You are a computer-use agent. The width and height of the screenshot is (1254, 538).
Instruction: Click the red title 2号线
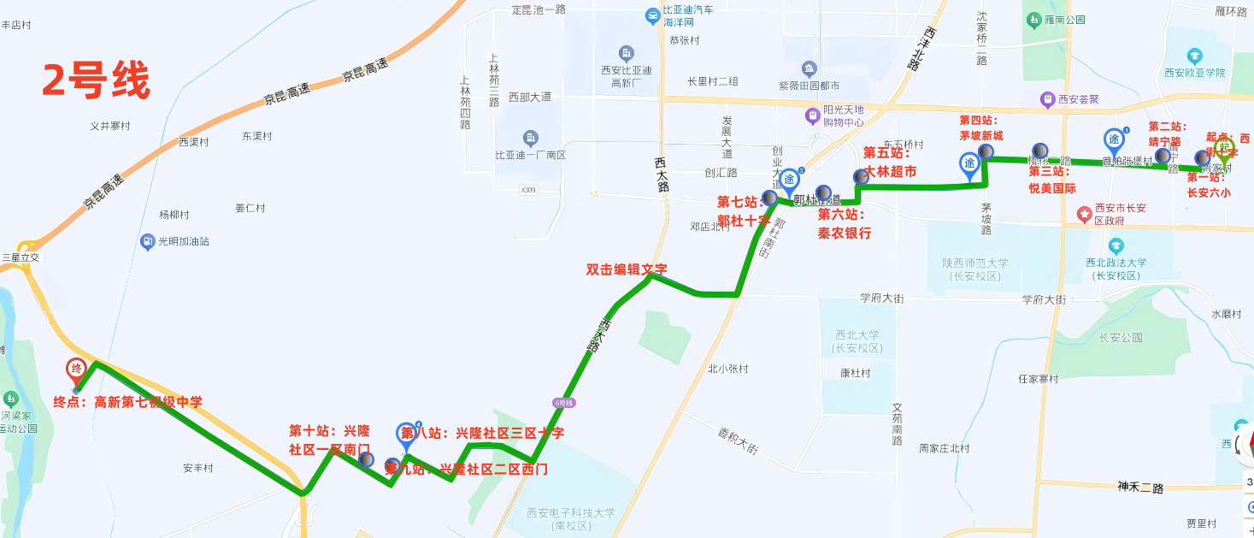pyautogui.click(x=97, y=82)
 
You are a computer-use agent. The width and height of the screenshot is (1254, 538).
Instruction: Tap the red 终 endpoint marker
pyautogui.click(x=76, y=370)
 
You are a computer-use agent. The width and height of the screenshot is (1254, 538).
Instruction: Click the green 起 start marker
pyautogui.click(x=1224, y=149)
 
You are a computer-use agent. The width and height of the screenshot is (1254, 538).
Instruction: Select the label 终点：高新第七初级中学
pyautogui.click(x=127, y=402)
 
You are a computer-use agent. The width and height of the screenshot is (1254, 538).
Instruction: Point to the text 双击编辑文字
pyautogui.click(x=627, y=269)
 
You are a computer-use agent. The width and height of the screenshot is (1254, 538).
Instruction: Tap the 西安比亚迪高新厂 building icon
pyautogui.click(x=627, y=53)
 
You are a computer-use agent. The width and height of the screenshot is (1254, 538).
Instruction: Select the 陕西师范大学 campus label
pyautogui.click(x=975, y=269)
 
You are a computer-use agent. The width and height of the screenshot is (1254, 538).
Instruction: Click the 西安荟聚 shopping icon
pyautogui.click(x=1046, y=100)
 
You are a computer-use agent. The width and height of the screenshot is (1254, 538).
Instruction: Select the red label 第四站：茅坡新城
pyautogui.click(x=980, y=127)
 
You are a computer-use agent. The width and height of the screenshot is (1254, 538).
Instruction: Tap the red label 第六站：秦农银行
pyautogui.click(x=844, y=223)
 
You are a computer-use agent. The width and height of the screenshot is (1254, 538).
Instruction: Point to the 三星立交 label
pyautogui.click(x=21, y=257)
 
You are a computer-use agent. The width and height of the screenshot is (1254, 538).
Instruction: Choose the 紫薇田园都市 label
pyautogui.click(x=809, y=86)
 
